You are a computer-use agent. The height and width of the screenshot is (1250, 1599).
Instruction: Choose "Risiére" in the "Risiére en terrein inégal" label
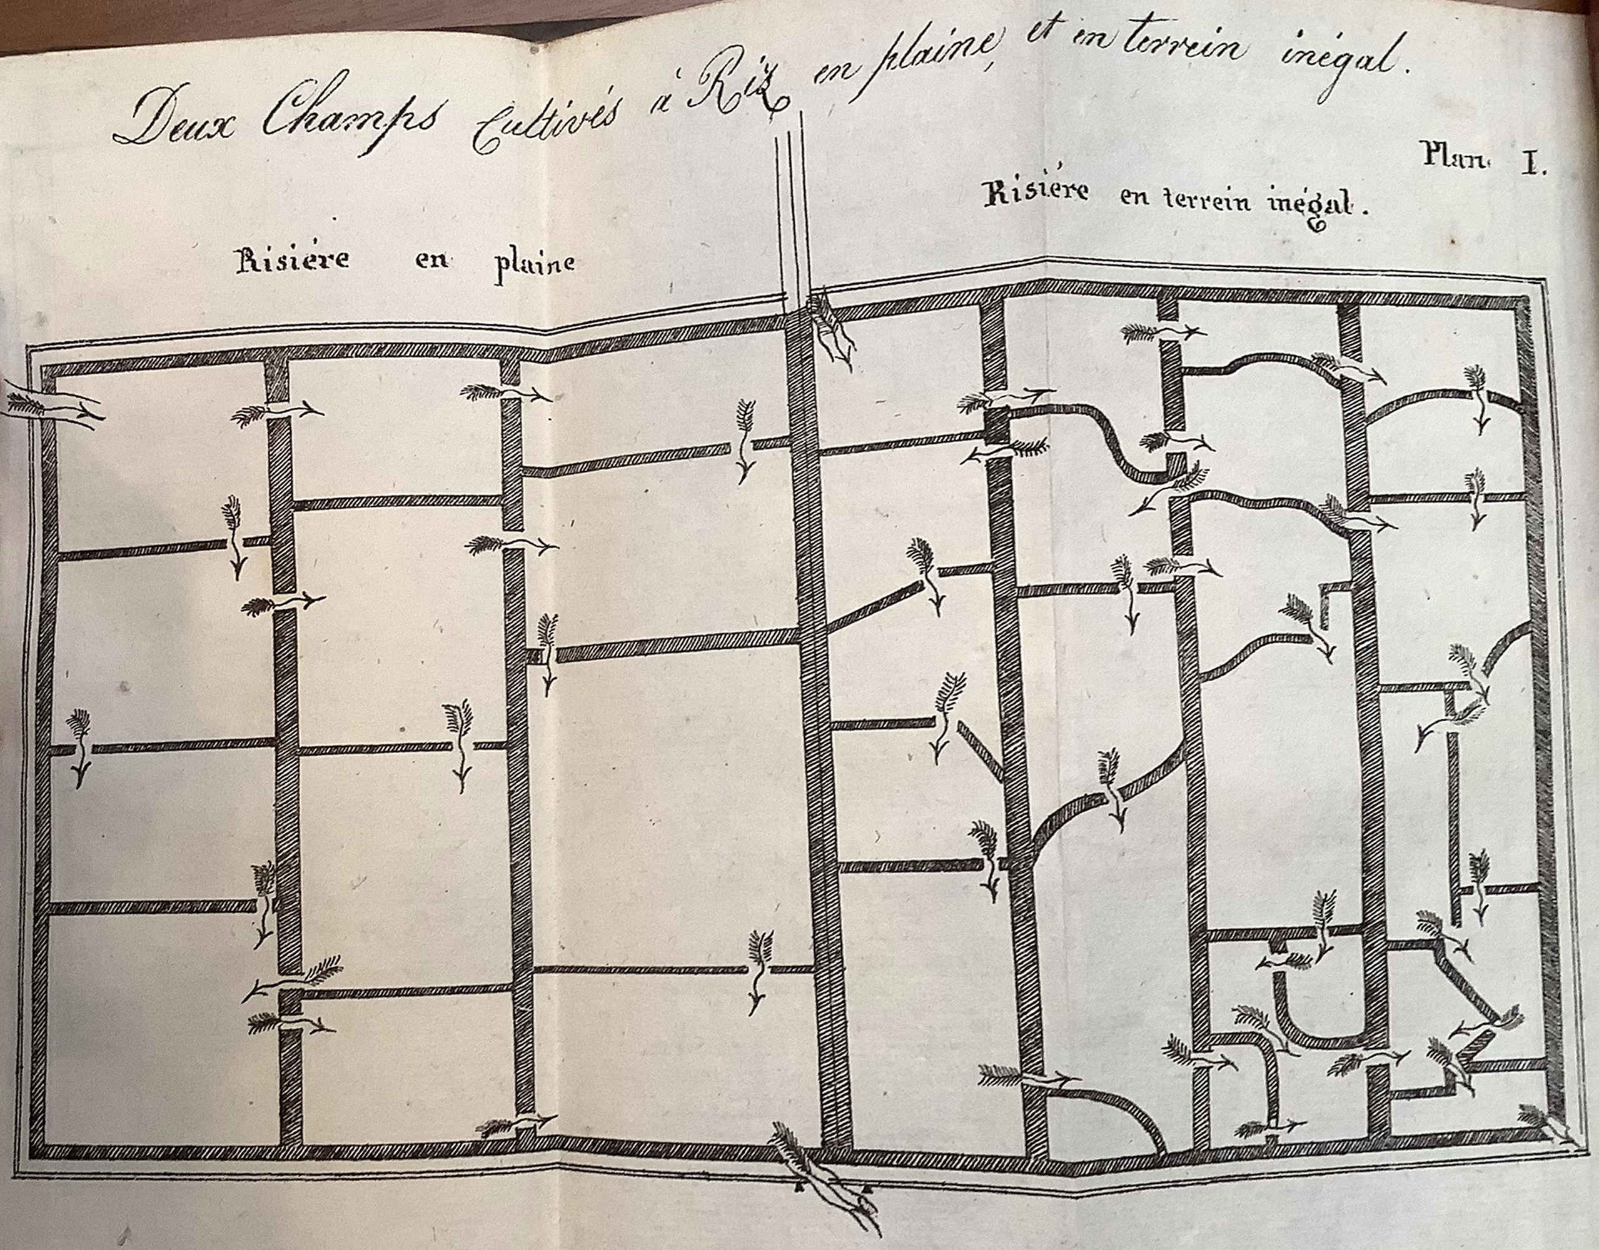tap(1036, 193)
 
